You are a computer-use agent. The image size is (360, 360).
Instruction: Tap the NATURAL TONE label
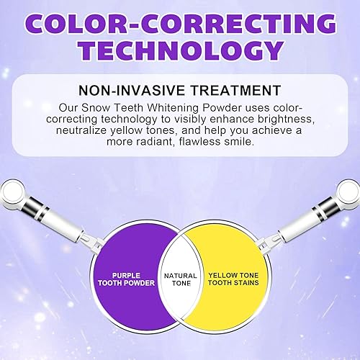180,278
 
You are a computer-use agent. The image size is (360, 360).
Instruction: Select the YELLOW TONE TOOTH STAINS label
231,278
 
